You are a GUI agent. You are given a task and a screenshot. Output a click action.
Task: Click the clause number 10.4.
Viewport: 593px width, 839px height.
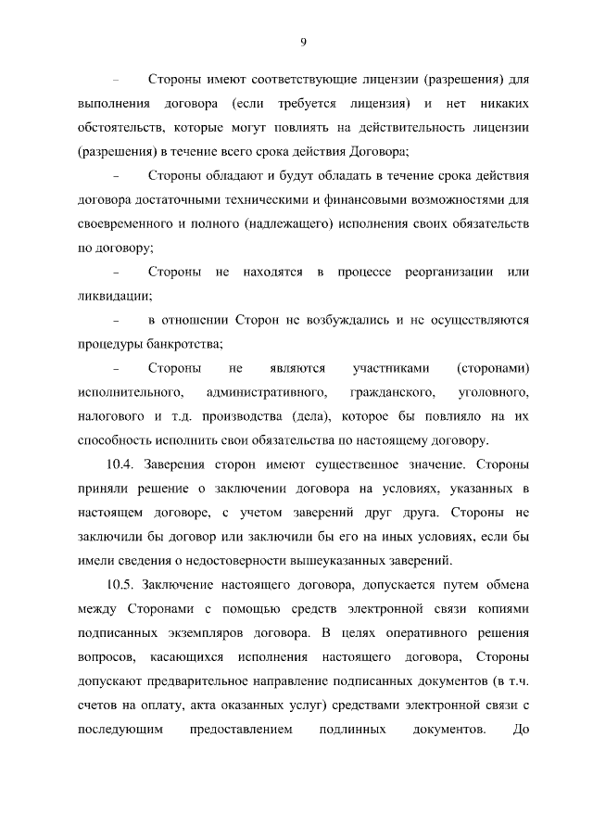pyautogui.click(x=124, y=464)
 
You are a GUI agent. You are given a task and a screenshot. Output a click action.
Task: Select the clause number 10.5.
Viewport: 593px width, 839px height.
pyautogui.click(x=124, y=585)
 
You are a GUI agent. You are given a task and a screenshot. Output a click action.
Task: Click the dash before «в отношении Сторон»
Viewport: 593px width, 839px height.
pyautogui.click(x=117, y=321)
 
